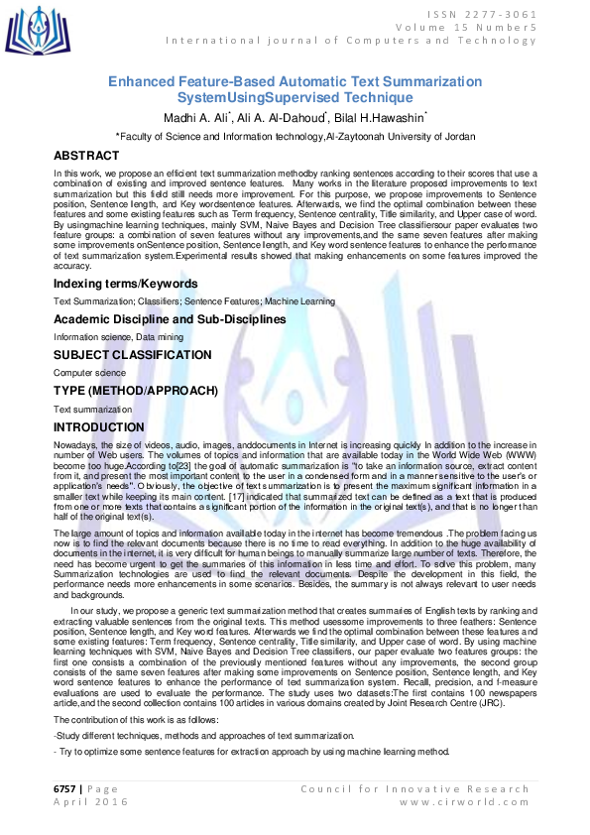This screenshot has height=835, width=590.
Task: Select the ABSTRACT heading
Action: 86,157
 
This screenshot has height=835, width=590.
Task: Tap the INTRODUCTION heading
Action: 99,427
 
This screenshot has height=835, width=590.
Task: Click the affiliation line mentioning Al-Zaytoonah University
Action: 295,137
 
